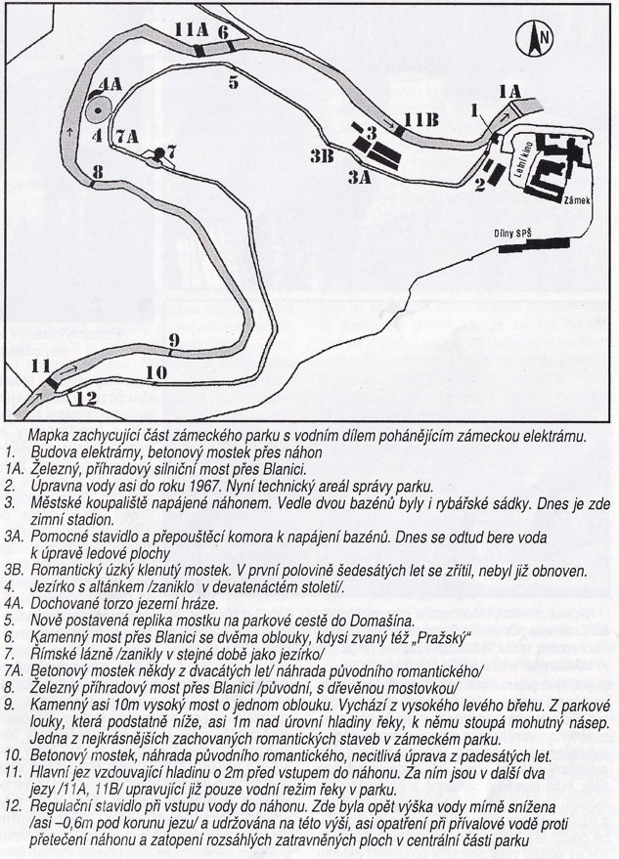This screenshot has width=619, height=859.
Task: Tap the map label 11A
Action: coord(190,31)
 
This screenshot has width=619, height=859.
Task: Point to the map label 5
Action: coord(233,82)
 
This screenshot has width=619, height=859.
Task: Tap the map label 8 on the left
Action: coord(95,173)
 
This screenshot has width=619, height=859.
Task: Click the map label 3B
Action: coord(324,155)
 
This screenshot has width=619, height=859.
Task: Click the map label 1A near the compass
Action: coord(511,91)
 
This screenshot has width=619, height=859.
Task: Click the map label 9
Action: coord(172,340)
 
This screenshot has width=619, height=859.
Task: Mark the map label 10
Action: coord(155,372)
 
